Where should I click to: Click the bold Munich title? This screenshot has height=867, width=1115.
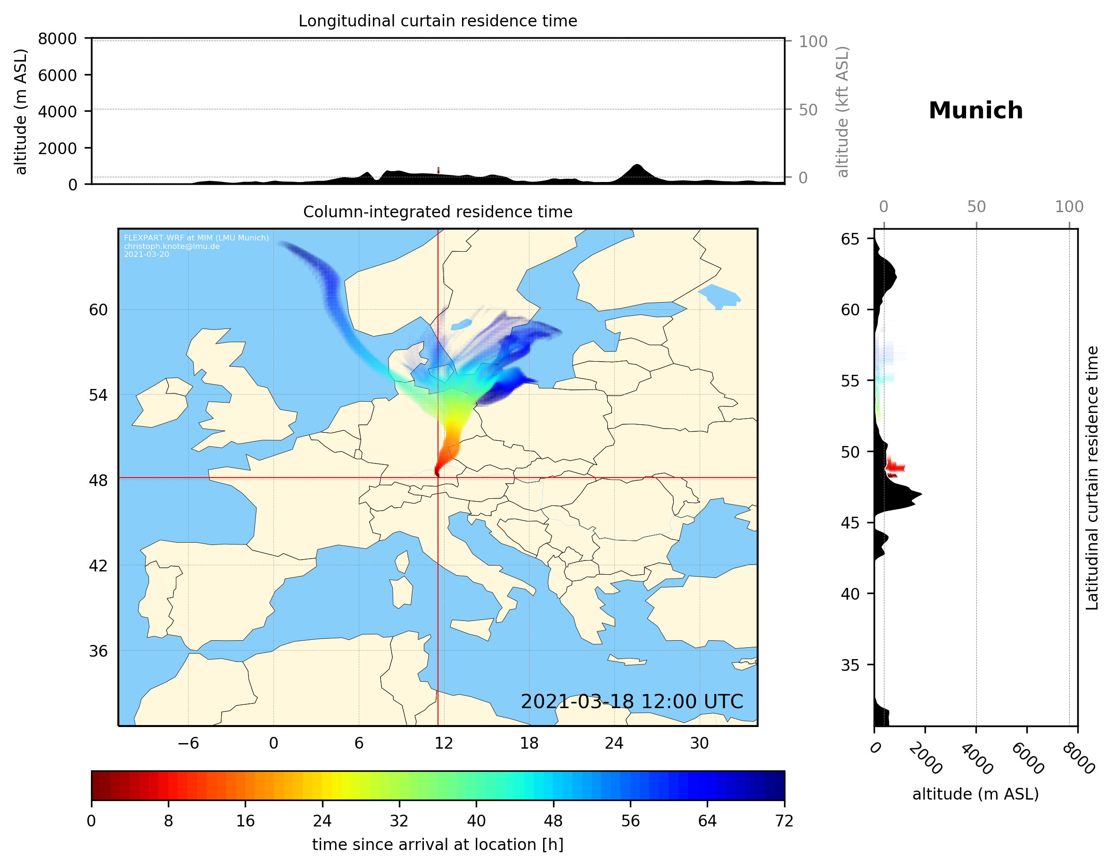[x=975, y=111]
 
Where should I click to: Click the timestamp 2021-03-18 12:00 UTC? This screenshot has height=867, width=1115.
[x=632, y=702]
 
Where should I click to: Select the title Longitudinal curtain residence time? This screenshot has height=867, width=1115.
[x=438, y=21]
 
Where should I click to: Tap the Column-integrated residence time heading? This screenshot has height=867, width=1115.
[x=438, y=212]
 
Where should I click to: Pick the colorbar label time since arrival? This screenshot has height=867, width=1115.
[x=438, y=844]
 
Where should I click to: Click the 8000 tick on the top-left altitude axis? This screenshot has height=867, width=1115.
[x=57, y=39]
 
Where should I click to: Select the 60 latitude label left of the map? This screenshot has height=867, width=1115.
[x=98, y=310]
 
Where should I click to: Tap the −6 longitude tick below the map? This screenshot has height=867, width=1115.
[x=188, y=743]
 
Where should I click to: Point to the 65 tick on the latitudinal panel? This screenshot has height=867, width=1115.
[x=850, y=239]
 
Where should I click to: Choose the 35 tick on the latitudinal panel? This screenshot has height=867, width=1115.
[x=850, y=665]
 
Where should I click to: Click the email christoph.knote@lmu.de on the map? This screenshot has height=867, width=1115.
[x=172, y=246]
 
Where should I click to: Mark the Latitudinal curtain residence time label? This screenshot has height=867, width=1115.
[x=1091, y=478]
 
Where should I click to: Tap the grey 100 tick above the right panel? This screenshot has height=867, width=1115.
[x=1069, y=207]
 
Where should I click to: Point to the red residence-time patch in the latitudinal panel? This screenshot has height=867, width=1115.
[x=894, y=467]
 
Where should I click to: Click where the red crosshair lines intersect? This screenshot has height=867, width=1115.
[x=438, y=478]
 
